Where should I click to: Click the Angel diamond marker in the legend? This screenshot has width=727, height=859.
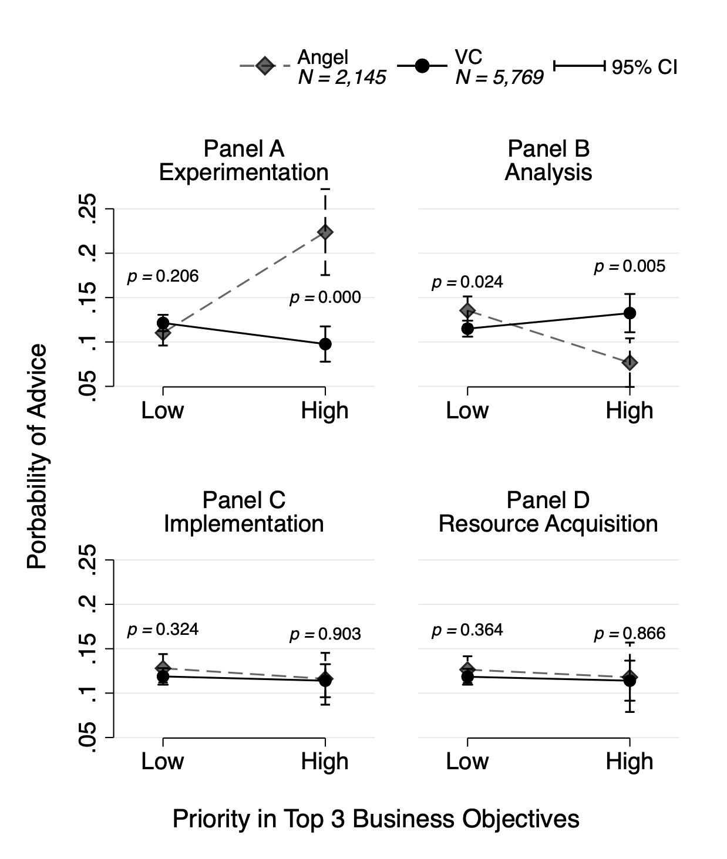tap(265, 66)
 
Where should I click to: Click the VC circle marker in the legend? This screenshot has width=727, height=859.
tap(422, 66)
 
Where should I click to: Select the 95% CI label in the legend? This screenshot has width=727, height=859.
tap(644, 67)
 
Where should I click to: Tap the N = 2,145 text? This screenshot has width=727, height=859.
tap(342, 77)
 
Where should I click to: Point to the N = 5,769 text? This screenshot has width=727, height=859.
tap(499, 77)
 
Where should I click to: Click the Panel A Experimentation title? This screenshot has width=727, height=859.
tap(244, 161)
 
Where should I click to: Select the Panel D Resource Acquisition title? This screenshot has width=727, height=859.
tap(548, 512)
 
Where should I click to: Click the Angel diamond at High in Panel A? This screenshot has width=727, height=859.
tap(325, 232)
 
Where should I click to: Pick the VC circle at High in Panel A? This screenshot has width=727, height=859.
tap(325, 344)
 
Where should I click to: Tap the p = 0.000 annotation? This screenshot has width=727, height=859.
tap(325, 297)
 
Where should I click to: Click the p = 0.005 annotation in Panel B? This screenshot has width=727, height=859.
tap(630, 266)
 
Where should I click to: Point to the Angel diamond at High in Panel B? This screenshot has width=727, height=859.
tap(630, 363)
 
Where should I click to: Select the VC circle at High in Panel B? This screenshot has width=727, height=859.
tap(630, 313)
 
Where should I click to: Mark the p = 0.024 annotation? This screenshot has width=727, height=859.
tap(467, 282)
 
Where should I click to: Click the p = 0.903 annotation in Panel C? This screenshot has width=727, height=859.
tap(325, 634)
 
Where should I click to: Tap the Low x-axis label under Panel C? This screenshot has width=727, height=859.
tap(163, 762)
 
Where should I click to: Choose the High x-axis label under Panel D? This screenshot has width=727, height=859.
tap(630, 762)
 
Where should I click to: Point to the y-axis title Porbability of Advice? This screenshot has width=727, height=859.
tap(37, 456)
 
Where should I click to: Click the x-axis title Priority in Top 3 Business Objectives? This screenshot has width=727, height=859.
tap(376, 819)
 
